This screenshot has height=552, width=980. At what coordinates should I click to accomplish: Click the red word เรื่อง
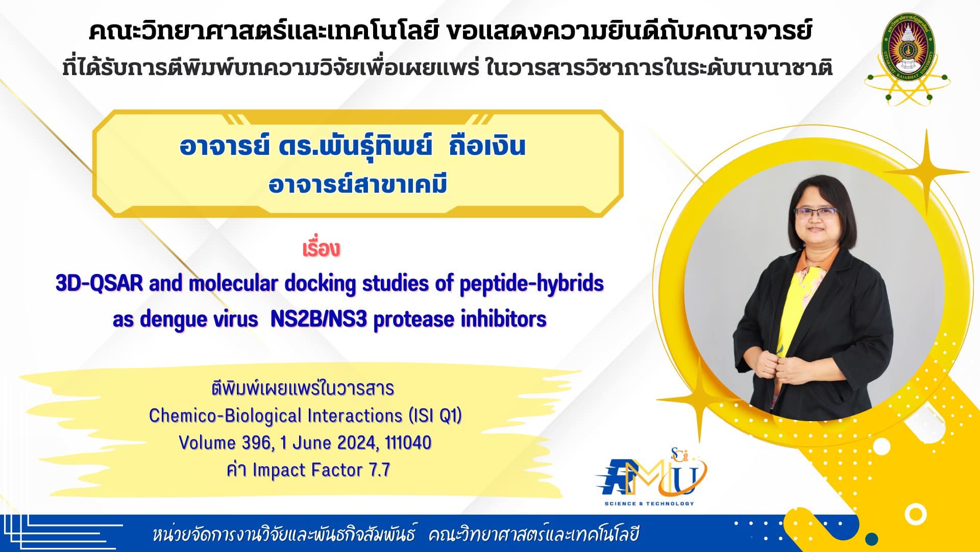tap(321, 249)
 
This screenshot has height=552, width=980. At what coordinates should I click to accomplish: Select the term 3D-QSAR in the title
tap(100, 283)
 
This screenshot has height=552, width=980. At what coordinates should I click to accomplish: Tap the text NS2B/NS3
tap(318, 319)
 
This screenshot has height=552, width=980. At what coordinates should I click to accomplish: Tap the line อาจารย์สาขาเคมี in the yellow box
tap(358, 183)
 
